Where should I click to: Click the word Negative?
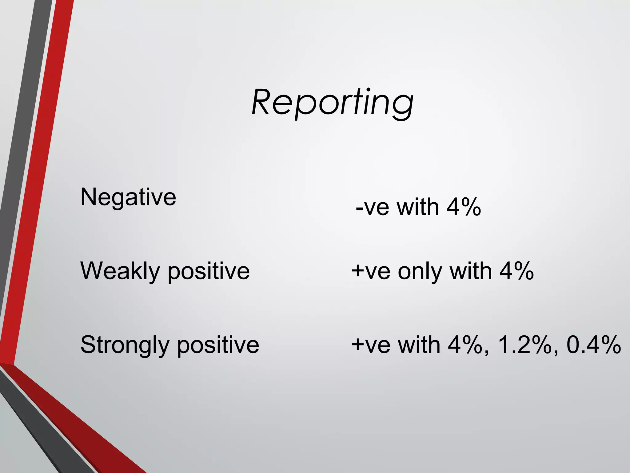(x=128, y=197)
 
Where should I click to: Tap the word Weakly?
(x=120, y=271)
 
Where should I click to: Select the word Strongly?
(x=125, y=345)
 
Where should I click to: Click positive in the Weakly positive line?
(x=209, y=272)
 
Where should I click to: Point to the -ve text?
(x=372, y=207)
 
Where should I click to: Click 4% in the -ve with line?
(x=464, y=207)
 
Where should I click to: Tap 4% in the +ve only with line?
(x=516, y=271)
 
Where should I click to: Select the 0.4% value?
(x=593, y=345)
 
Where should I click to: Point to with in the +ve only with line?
(x=471, y=271)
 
